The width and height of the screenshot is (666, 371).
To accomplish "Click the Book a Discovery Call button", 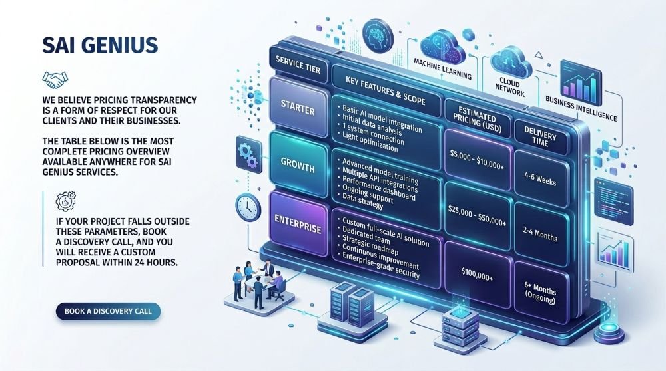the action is (108, 311).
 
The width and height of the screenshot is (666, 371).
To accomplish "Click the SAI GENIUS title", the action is (100, 45).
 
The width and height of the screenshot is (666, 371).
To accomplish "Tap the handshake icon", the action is (55, 79).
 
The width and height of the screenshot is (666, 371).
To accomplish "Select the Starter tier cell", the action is (298, 108).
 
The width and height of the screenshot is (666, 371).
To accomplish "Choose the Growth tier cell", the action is (298, 166).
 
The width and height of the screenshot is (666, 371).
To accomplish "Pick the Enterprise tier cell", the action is (298, 225).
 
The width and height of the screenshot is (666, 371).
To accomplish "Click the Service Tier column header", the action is (298, 65).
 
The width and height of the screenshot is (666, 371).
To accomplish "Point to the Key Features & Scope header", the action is (385, 90).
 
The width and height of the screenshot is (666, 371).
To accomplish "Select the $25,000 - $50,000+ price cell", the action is (477, 215).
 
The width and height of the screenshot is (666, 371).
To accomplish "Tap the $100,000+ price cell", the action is (477, 275).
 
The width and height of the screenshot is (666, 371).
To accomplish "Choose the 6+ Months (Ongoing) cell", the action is (540, 293).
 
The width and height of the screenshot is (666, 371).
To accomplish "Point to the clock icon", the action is (248, 207).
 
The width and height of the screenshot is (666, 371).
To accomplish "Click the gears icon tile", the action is (248, 156).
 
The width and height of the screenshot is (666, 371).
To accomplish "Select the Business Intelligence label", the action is (581, 108).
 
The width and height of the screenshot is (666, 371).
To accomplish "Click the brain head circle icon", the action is (378, 36).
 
